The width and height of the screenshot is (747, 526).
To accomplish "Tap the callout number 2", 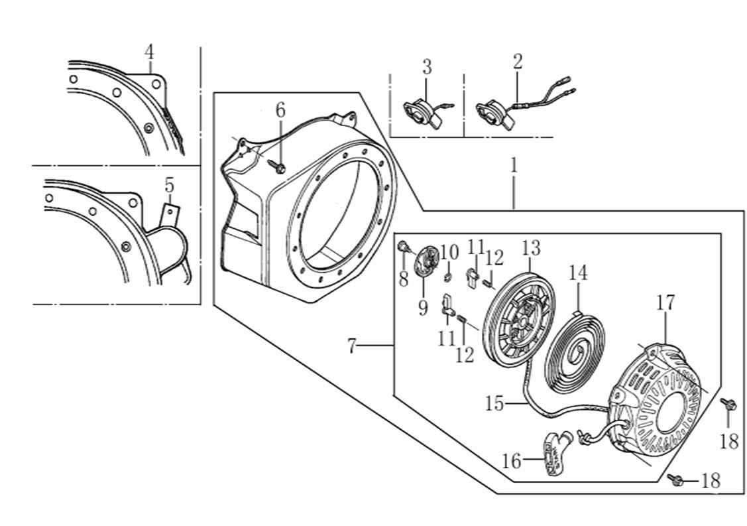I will [518, 62].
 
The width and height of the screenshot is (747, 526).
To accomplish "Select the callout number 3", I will [427, 66].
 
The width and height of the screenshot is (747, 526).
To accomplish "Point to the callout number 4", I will [150, 52].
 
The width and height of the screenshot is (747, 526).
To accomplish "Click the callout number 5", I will [170, 186].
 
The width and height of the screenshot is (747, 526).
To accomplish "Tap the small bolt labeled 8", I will [402, 248].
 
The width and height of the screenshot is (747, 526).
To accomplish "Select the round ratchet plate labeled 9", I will [426, 260].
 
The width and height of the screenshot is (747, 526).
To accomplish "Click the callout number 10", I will [449, 251].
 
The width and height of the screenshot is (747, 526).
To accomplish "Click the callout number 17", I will [665, 303].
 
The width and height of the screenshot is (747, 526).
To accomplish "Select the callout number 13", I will [531, 249].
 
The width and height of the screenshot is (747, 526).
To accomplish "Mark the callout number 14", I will [577, 273].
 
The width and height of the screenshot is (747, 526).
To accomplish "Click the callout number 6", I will [280, 110].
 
